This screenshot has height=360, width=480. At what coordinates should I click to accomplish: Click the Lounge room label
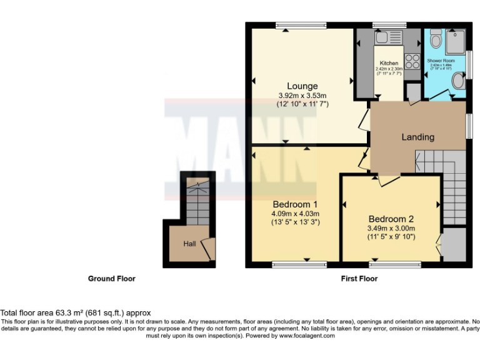pos(302,86)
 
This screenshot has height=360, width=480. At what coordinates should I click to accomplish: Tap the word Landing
pos(417,137)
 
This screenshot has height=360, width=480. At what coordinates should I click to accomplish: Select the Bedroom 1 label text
pos(295,204)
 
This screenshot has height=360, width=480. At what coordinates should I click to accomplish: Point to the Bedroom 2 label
pos(391,219)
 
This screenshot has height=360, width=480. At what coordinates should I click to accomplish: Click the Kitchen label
pos(389,63)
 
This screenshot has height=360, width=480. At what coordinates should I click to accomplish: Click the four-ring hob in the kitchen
pos(412,61)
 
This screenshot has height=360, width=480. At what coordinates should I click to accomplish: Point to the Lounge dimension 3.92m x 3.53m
pos(302,96)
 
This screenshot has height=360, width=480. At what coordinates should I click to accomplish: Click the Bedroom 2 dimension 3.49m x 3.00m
pos(391,228)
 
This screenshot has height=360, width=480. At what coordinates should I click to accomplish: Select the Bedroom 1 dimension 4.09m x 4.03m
pos(295,213)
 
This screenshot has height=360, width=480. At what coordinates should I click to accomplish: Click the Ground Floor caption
pos(111,279)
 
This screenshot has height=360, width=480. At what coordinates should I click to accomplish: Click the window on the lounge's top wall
pos(301,26)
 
